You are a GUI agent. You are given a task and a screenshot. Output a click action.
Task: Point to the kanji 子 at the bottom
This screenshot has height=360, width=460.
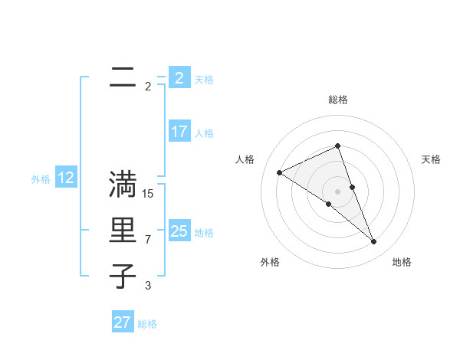pyautogui.click(x=123, y=276)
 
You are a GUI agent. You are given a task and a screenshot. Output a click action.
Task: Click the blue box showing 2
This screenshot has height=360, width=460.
pyautogui.click(x=179, y=77)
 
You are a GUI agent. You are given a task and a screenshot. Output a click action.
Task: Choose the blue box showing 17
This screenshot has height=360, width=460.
pyautogui.click(x=179, y=132)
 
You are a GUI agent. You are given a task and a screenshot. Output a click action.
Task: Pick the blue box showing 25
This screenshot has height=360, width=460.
pyautogui.click(x=179, y=231)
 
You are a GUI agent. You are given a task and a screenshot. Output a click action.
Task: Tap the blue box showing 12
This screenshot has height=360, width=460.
pyautogui.click(x=66, y=178)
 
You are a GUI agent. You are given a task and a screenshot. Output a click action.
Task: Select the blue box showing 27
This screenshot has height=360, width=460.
pyautogui.click(x=123, y=322)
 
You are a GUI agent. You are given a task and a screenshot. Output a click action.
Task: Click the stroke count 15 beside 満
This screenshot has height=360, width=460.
pyautogui.click(x=148, y=194)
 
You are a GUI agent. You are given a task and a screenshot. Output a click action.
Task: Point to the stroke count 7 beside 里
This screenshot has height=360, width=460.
pyautogui.click(x=148, y=240)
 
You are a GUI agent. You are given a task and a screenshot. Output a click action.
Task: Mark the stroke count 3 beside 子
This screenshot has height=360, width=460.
pyautogui.click(x=148, y=286)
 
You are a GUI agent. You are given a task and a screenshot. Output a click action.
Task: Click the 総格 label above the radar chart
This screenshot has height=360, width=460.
pyautogui.click(x=337, y=100)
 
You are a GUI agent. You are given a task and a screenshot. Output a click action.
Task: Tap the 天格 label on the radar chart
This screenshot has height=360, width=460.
pyautogui.click(x=431, y=159)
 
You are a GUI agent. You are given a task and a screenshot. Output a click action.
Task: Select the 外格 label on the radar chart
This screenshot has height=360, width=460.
pyautogui.click(x=270, y=263)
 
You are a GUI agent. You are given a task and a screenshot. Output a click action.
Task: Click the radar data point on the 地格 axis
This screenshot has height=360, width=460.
pyautogui.click(x=374, y=242)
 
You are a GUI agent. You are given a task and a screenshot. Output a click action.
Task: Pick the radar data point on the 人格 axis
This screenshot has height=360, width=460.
pyautogui.click(x=279, y=172)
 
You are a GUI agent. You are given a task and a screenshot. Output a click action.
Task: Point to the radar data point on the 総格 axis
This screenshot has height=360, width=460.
pyautogui.click(x=337, y=146)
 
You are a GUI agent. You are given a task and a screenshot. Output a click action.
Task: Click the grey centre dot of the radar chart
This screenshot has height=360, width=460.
pyautogui.click(x=337, y=191)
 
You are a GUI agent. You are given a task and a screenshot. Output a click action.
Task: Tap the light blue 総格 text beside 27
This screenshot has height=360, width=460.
pyautogui.click(x=147, y=323)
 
